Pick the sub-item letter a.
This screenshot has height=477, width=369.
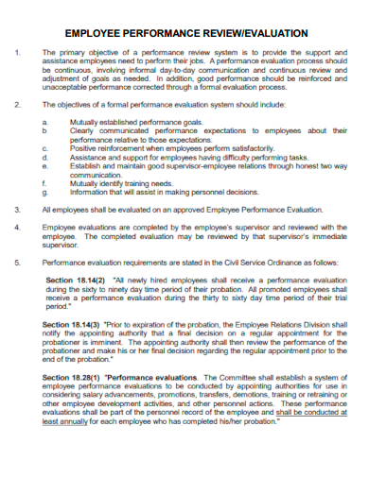pyautogui.click(x=45, y=122)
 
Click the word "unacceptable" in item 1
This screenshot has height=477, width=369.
pyautogui.click(x=66, y=87)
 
